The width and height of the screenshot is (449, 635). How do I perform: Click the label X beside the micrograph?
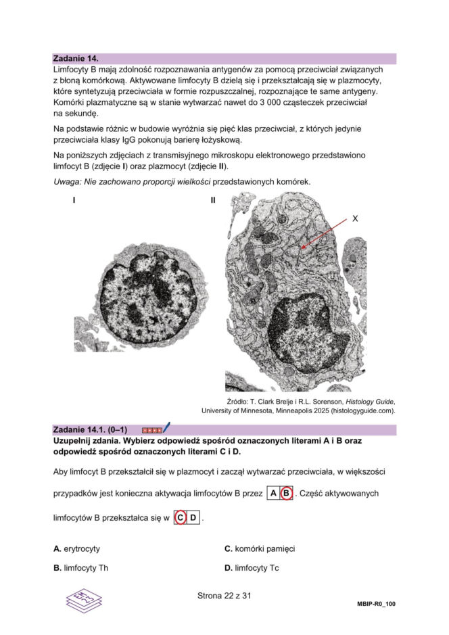(x=355, y=218)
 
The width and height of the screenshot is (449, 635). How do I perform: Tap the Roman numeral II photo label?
(x=213, y=200)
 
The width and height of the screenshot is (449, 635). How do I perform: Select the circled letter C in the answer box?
(x=181, y=518)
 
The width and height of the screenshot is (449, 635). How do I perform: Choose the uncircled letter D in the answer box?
(x=193, y=518)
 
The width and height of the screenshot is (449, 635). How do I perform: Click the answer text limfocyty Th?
(x=86, y=568)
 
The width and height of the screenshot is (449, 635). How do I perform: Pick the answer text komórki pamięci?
(x=264, y=548)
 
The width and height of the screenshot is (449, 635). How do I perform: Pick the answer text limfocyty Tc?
(x=257, y=568)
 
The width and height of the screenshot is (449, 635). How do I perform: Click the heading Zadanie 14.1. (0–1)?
(x=90, y=429)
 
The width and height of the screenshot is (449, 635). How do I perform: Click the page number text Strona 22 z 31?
(x=224, y=596)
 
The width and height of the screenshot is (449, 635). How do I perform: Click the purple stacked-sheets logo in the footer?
(x=84, y=598)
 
